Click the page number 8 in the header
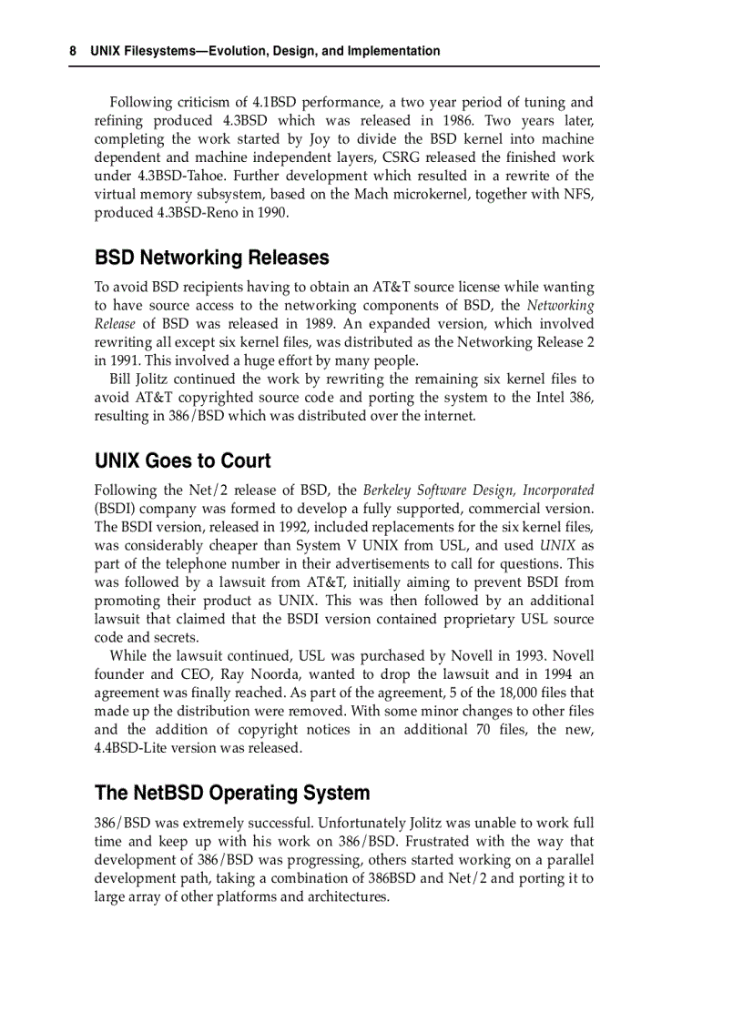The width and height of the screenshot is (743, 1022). (x=73, y=52)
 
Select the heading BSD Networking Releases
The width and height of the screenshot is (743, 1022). (x=212, y=258)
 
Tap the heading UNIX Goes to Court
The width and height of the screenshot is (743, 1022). (x=183, y=460)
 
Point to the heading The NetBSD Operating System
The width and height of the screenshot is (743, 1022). (x=232, y=793)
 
